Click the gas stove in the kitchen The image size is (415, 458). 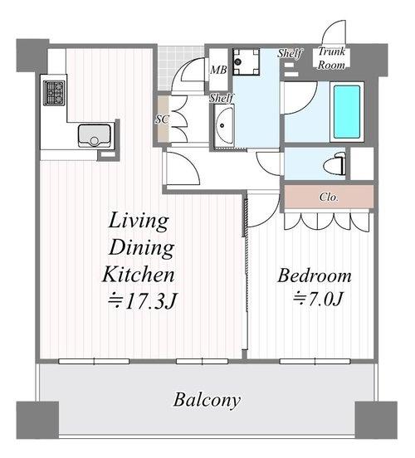coord(54,93)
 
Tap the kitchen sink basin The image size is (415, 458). coord(95,135)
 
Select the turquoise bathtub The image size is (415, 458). coord(347,112)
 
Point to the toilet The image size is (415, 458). coord(334,164)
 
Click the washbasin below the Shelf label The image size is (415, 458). coord(223,125)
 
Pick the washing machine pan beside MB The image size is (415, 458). coord(246,61)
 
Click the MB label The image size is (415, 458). coord(218,70)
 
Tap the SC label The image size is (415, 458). coord(162,119)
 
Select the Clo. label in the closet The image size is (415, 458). coord(329,197)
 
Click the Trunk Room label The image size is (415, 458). coord(331,58)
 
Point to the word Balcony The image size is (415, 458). coord(207,400)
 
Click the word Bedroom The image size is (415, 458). coord(315,275)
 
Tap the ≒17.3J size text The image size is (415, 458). coord(142,300)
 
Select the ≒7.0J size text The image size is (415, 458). coord(318,299)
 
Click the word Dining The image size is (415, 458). coord(141,248)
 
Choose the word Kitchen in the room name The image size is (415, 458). coord(139,275)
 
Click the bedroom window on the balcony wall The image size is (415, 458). coord(315,362)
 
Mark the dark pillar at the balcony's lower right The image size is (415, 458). coord(376,421)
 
